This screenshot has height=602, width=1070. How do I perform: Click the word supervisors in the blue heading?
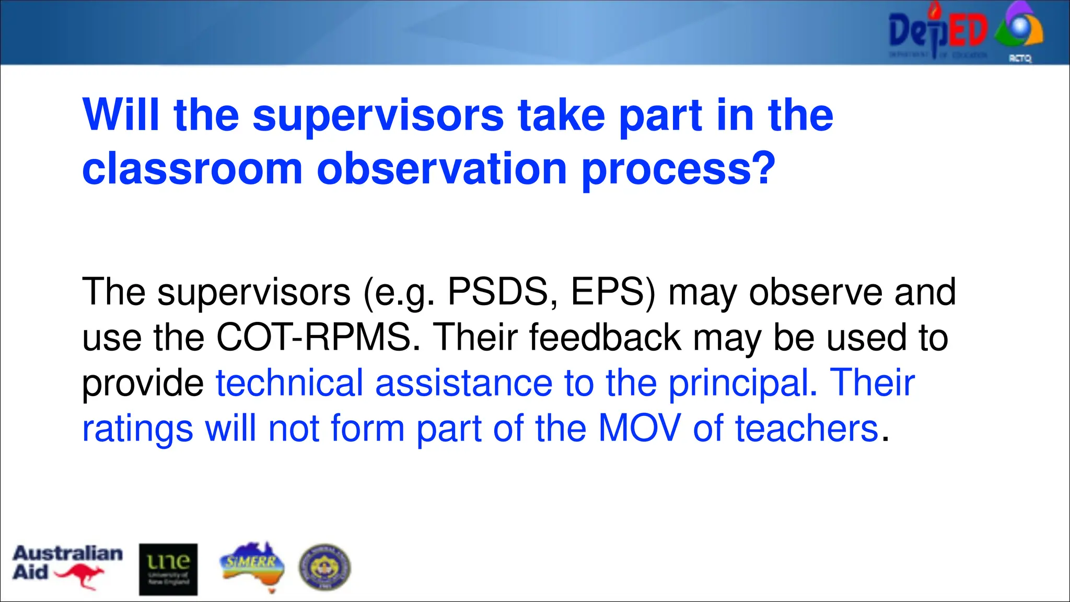click(378, 115)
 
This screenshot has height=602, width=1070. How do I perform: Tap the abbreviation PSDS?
click(497, 292)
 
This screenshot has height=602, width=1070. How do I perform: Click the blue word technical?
click(289, 383)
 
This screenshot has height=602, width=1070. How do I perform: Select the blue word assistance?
click(463, 383)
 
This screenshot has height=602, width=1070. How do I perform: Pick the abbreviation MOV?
click(639, 429)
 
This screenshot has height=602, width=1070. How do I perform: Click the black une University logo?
click(168, 569)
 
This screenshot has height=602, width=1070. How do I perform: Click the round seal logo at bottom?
click(324, 568)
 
